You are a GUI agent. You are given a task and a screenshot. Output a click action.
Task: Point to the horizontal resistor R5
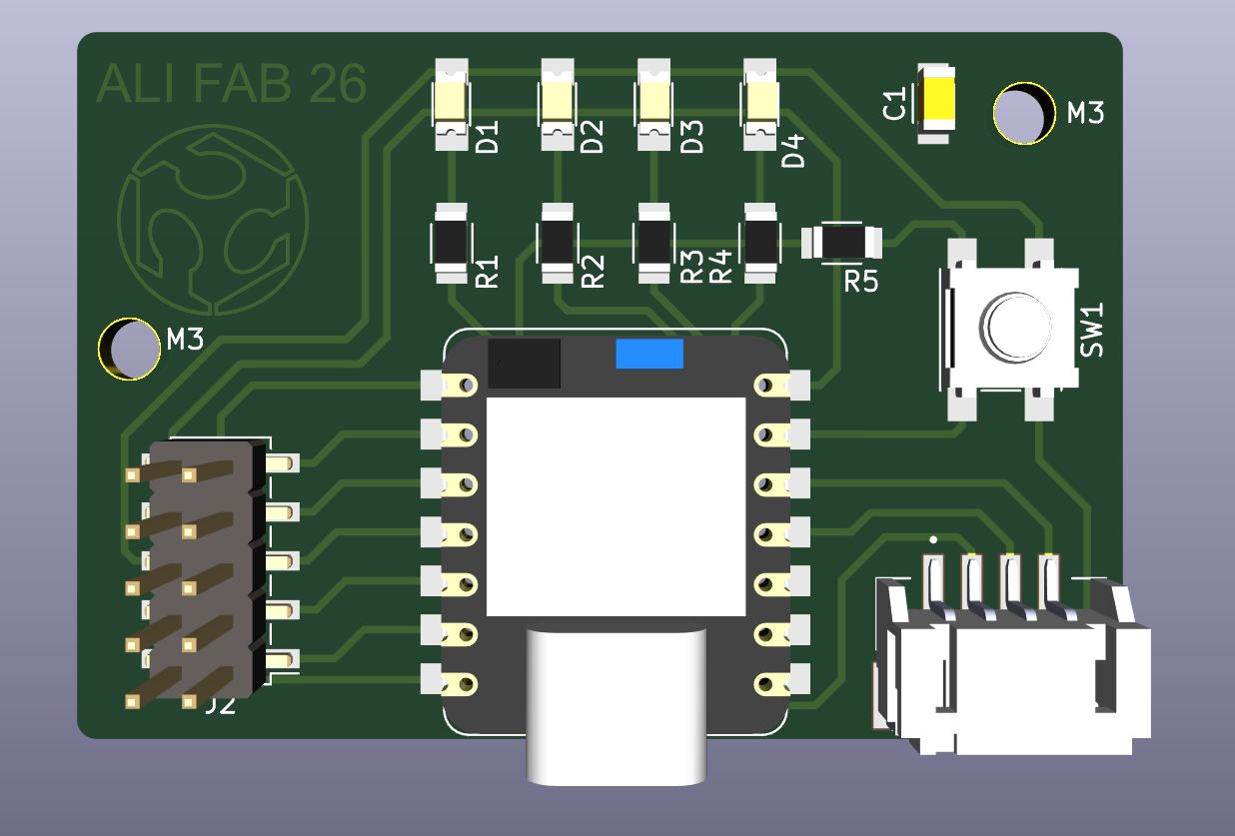(842, 242)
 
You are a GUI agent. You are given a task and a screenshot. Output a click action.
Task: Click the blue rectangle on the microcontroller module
(649, 354)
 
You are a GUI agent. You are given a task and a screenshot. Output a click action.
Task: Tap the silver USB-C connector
(616, 704)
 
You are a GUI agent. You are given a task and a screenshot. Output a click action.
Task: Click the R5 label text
(860, 282)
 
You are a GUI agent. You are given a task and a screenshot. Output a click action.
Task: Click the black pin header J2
(205, 569)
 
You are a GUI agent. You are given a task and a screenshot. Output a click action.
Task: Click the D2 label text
(592, 136)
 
